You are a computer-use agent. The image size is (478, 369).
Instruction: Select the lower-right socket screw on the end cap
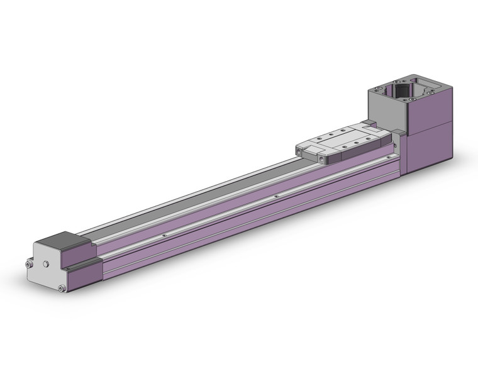coord(61,289)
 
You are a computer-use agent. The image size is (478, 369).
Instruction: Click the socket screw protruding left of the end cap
coord(29,265)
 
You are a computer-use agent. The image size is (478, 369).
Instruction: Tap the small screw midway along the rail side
coord(277,196)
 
